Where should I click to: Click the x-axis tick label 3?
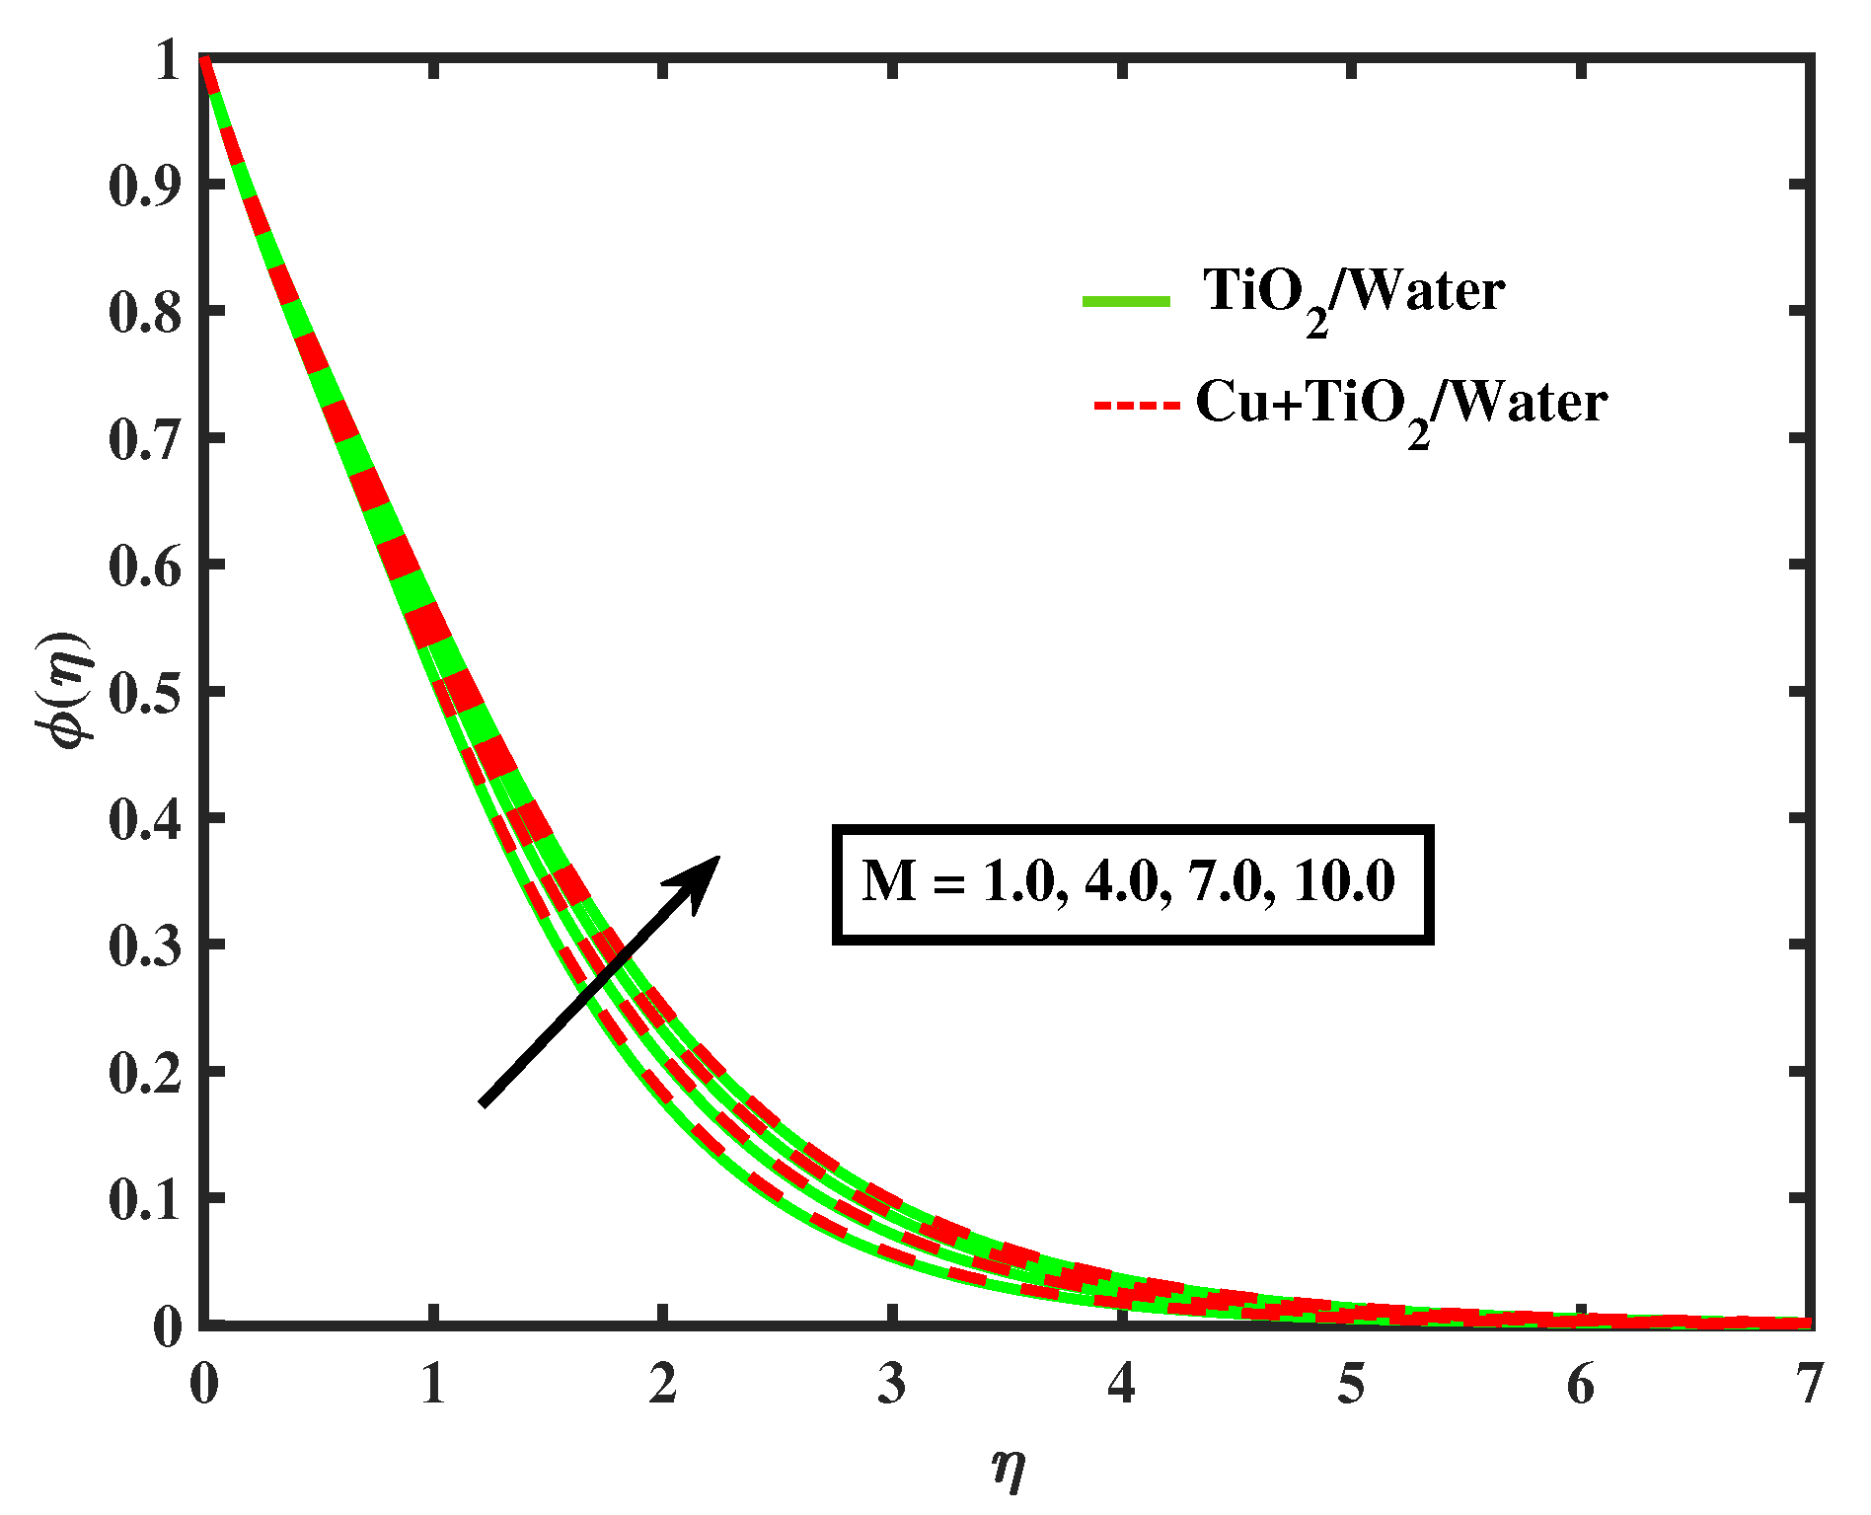892,1385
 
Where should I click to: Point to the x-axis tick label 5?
1351,1385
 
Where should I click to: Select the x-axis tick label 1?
433,1385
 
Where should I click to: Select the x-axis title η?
1008,1468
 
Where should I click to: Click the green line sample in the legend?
1126,301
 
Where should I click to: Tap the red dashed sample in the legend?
1136,405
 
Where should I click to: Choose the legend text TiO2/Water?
1354,293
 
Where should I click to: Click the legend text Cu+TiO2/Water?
1401,405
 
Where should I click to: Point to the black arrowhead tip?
719,857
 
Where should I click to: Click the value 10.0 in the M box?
1344,881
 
